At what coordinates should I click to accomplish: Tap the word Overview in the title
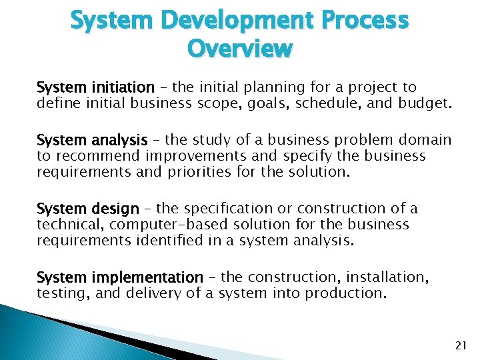point(240,49)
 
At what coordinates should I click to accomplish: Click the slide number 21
point(460,344)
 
